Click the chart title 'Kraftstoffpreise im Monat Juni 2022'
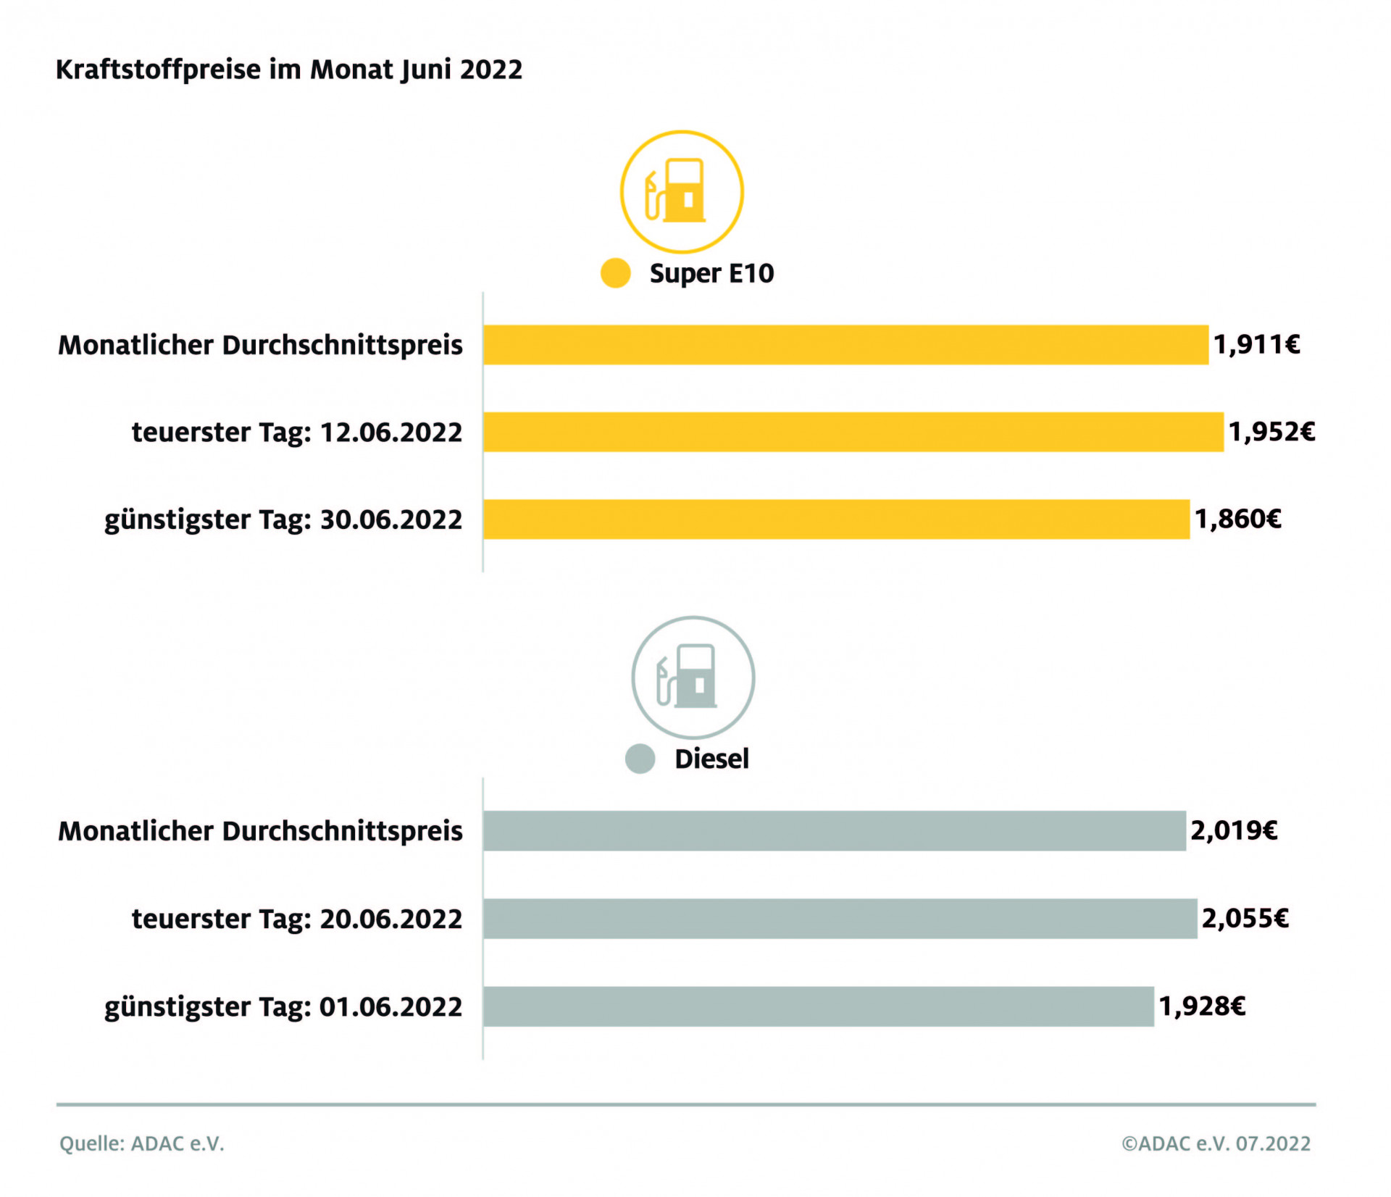point(288,70)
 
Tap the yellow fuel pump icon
point(681,191)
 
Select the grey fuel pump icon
point(693,677)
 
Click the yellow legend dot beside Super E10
point(615,273)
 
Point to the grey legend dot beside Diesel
point(640,759)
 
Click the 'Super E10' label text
point(711,273)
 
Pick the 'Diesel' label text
point(711,759)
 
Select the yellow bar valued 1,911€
point(845,345)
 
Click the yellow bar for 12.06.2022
point(853,432)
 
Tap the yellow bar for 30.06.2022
point(835,519)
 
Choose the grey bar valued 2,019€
point(834,830)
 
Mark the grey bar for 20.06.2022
point(840,918)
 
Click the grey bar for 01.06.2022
point(818,1006)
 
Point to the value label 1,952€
point(1271,432)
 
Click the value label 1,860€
point(1237,519)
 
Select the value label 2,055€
point(1245,918)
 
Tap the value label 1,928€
point(1202,1006)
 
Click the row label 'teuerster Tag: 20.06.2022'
point(296,918)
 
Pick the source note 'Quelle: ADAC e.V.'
point(142,1143)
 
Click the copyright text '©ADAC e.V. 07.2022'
point(1216,1143)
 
